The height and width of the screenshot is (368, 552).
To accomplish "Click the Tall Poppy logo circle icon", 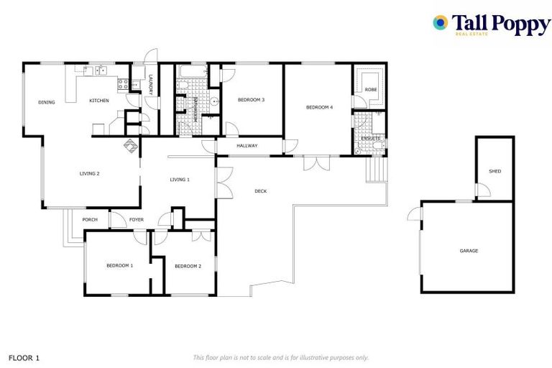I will click(440, 23).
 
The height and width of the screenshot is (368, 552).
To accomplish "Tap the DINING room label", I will click(46, 103).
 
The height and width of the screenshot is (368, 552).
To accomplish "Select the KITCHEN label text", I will click(99, 101).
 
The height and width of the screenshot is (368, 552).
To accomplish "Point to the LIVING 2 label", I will click(89, 173).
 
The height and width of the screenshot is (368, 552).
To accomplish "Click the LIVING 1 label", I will click(180, 179).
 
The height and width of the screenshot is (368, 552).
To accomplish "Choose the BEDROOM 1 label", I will click(120, 266).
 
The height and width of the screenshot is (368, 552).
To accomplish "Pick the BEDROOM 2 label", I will click(187, 266).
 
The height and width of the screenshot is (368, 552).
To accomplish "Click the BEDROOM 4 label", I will click(320, 107).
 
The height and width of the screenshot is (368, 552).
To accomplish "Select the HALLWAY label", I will click(247, 147).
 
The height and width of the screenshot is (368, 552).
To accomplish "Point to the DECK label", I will click(261, 191).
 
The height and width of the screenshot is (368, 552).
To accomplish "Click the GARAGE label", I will click(469, 251).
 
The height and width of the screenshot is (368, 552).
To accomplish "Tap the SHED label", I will click(494, 171).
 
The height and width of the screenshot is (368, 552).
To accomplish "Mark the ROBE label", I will click(370, 89).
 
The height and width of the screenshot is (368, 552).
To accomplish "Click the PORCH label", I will click(90, 219).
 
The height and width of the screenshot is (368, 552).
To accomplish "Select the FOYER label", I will click(137, 219).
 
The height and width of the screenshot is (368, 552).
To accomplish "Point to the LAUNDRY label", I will click(151, 87).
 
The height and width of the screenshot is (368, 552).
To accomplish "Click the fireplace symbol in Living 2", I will click(132, 146).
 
